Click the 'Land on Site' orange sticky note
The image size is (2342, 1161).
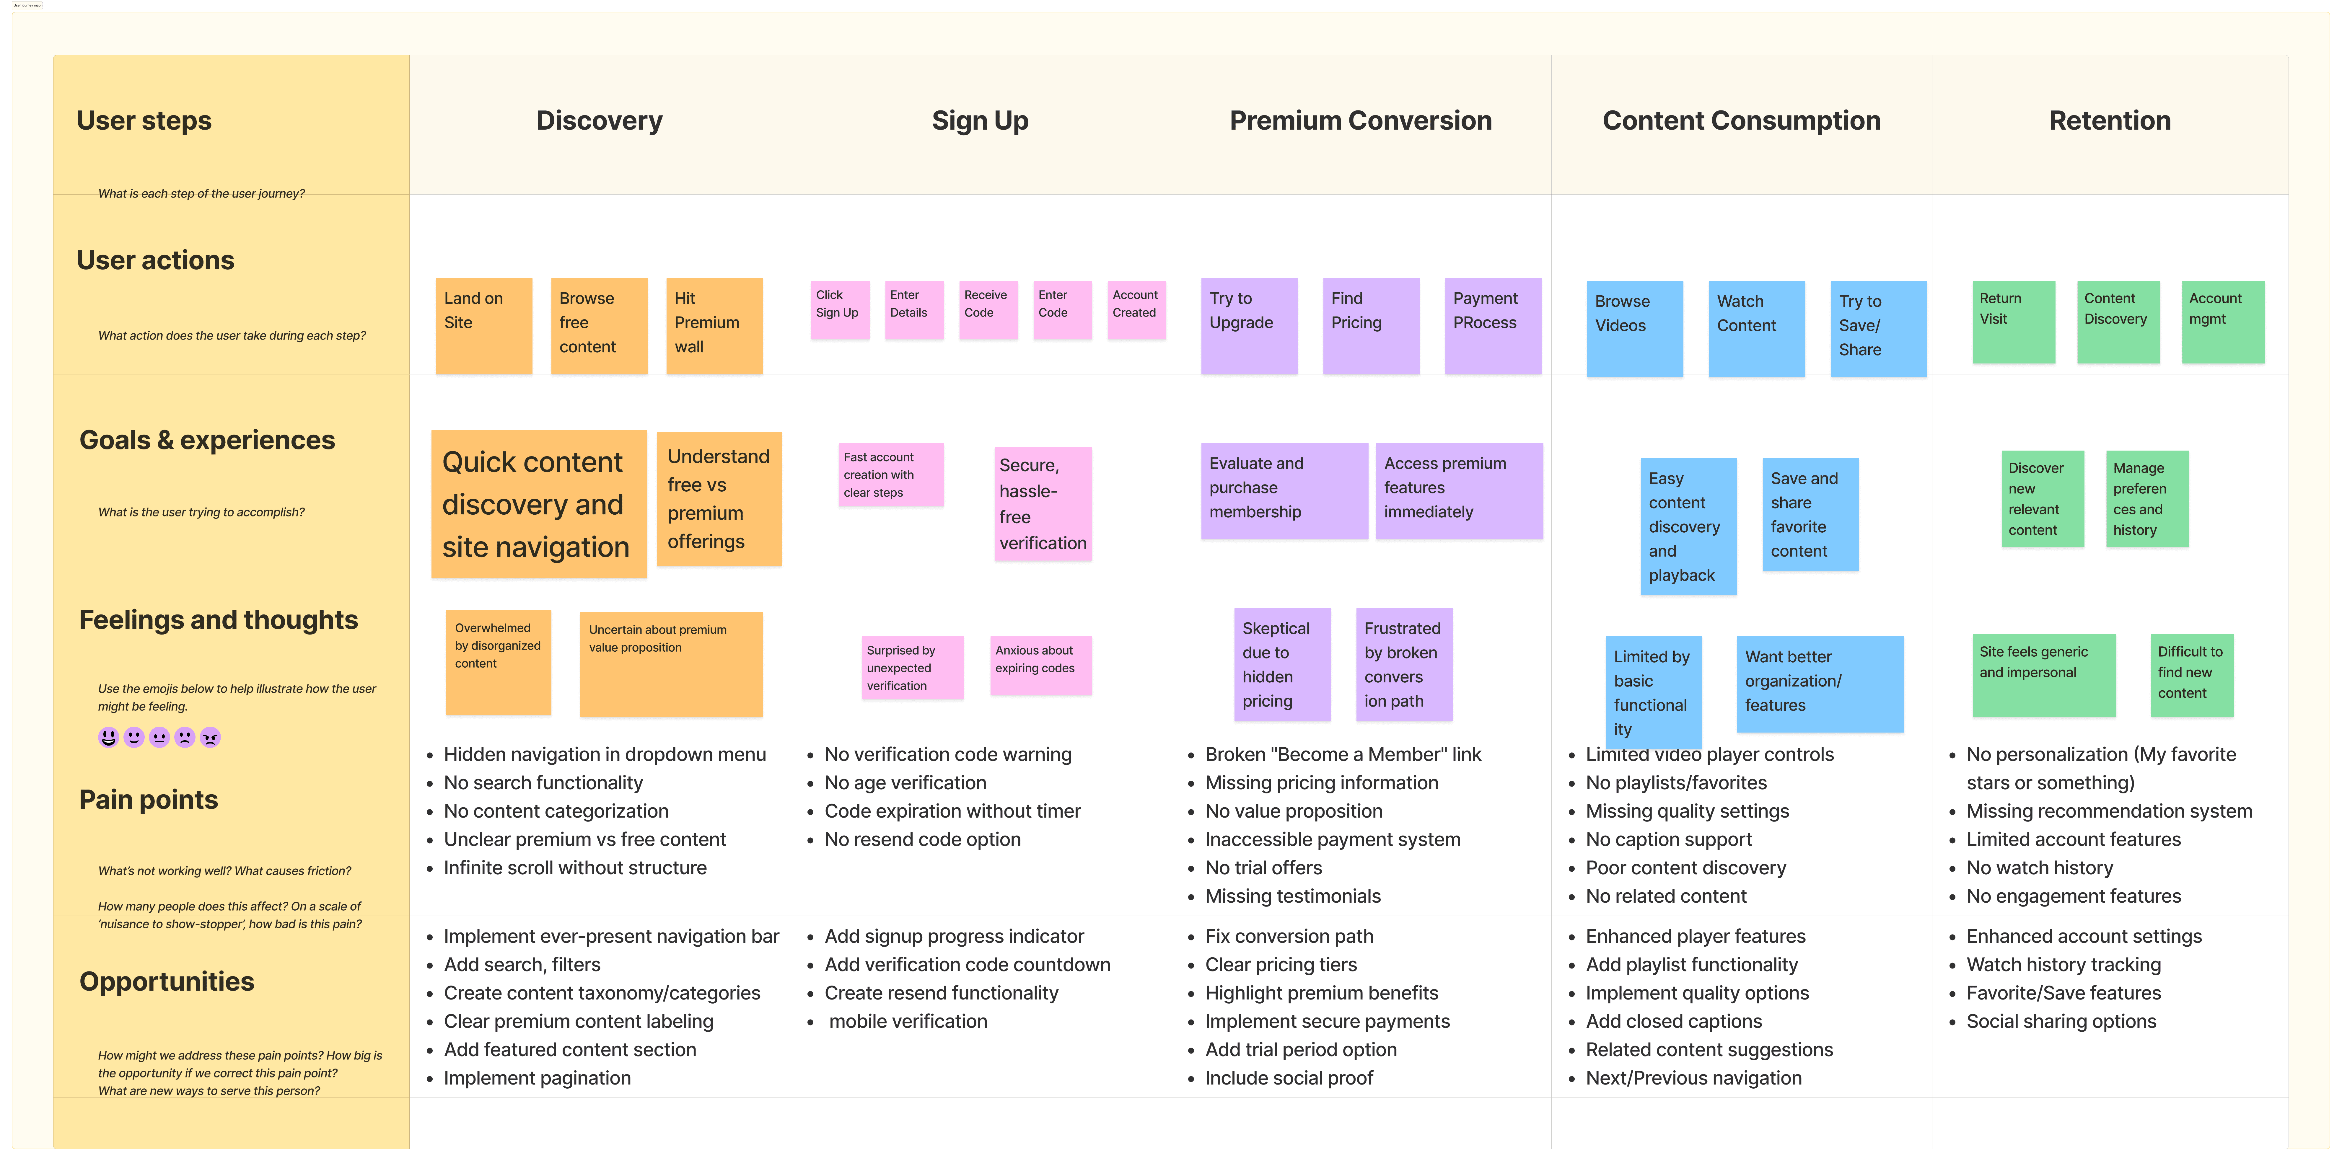pos(484,325)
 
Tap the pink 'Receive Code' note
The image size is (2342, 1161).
pos(988,310)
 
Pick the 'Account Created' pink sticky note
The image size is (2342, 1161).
pos(1136,310)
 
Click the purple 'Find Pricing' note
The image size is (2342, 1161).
pos(1371,325)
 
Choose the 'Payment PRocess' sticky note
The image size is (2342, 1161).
pos(1493,325)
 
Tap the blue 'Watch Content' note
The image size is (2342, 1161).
pos(1757,328)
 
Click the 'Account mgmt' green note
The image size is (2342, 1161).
pos(2223,322)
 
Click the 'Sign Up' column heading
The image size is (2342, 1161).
pos(980,121)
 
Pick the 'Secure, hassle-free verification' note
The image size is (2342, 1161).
pos(1043,504)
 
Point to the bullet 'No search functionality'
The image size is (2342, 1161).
pos(543,783)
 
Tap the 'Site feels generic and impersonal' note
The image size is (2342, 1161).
pos(2044,675)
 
